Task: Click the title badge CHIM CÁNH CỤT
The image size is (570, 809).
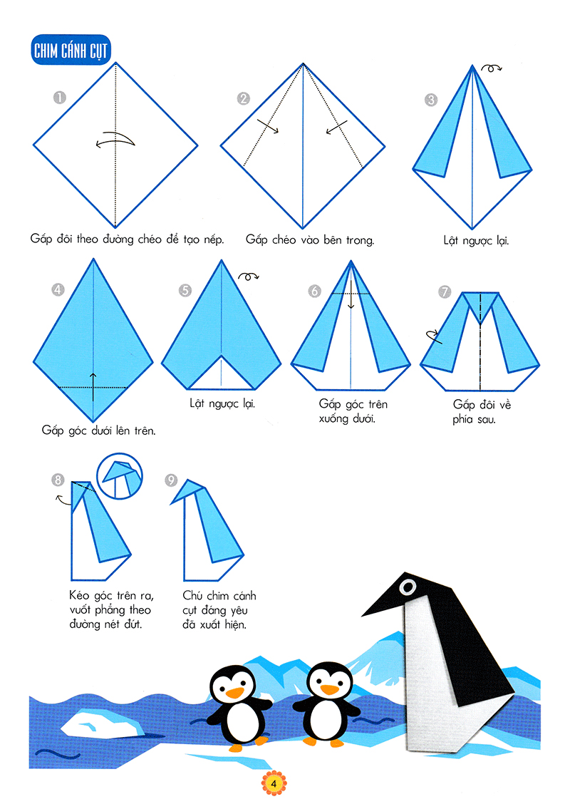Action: point(71,50)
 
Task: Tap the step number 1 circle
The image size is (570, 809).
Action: point(60,98)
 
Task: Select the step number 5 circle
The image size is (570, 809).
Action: point(185,291)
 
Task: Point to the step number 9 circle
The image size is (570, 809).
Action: point(171,480)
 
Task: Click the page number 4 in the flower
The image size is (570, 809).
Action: point(274,784)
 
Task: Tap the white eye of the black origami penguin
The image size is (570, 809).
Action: point(408,587)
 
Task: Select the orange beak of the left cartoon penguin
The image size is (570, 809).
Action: point(235,693)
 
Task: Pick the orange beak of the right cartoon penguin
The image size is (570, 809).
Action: point(329,689)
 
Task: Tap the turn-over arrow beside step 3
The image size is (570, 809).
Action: point(491,68)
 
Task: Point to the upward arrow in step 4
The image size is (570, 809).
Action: point(93,387)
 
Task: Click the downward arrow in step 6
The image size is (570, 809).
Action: point(351,294)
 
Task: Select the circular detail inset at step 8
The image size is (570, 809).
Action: point(120,475)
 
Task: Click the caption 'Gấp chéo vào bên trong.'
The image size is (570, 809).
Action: point(310,240)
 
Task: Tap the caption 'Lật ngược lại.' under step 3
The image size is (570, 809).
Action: point(476,241)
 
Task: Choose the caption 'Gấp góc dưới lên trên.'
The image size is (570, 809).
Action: point(98,431)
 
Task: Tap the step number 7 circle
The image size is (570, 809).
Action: point(445,292)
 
